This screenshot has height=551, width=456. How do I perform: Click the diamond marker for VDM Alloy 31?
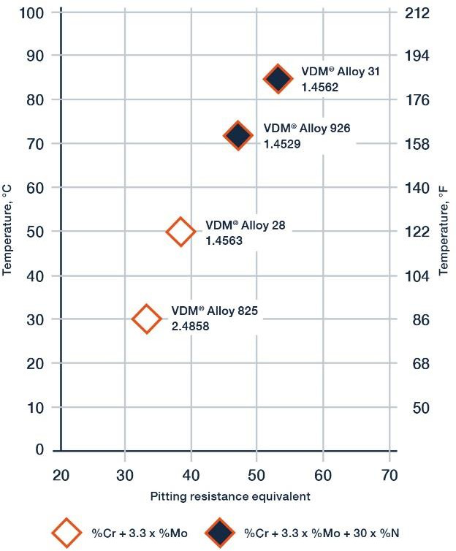[277, 79]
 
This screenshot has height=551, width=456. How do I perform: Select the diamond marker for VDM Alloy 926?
[238, 135]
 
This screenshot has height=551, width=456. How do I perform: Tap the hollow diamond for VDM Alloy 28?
[180, 232]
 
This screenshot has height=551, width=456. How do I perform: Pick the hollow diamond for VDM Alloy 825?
[146, 319]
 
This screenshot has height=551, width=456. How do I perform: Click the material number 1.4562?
[320, 86]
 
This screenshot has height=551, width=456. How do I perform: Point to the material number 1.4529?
[282, 144]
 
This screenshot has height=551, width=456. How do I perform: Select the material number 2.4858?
[190, 327]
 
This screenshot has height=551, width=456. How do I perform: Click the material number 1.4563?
[224, 240]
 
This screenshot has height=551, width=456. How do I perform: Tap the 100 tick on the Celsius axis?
[32, 12]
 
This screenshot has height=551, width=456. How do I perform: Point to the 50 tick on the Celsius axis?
[37, 231]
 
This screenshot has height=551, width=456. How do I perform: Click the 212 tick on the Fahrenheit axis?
[422, 12]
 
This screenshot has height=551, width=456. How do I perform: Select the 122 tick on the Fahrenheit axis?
[422, 231]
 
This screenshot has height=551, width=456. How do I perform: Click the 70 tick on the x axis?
[389, 476]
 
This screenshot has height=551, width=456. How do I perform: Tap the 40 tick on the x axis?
[191, 476]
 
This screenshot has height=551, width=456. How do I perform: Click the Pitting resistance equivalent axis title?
[230, 496]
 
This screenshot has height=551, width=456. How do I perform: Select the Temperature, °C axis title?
[8, 230]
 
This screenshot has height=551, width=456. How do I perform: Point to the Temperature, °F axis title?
[444, 230]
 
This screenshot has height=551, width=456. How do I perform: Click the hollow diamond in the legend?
[68, 532]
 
